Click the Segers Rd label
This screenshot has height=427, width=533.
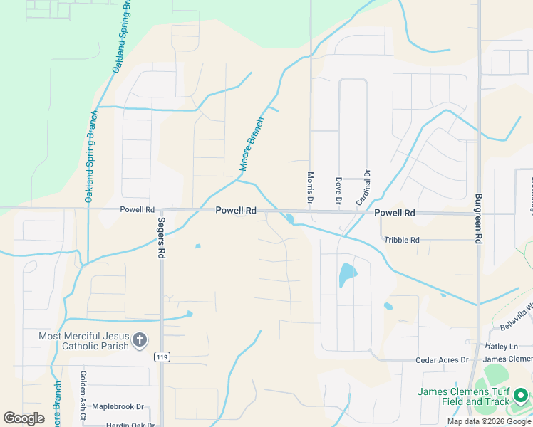[162, 243]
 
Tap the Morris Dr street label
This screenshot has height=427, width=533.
[311, 187]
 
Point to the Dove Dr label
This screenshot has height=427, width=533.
[338, 190]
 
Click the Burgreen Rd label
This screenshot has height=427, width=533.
[479, 218]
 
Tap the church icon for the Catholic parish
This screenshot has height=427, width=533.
[140, 340]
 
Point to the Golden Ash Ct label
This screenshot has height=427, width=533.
[83, 388]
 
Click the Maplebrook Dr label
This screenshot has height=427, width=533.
[118, 407]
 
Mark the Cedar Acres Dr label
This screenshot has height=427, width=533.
[442, 360]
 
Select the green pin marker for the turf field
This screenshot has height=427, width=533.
[521, 394]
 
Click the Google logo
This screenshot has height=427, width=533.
[24, 418]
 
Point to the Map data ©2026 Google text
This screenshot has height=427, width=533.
[489, 421]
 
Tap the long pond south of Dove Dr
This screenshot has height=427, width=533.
[346, 274]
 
